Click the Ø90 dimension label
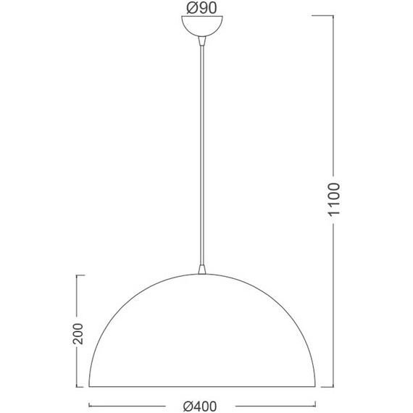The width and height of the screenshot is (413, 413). (201, 8)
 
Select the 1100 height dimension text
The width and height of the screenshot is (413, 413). (334, 199)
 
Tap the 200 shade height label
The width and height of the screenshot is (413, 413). (78, 333)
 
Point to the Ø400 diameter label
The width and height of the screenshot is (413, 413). (200, 406)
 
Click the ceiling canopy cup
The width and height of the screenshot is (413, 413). (202, 26)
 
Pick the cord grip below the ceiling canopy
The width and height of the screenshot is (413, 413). (202, 41)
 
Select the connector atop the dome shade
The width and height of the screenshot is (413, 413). (202, 270)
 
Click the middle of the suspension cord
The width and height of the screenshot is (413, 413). (202, 155)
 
